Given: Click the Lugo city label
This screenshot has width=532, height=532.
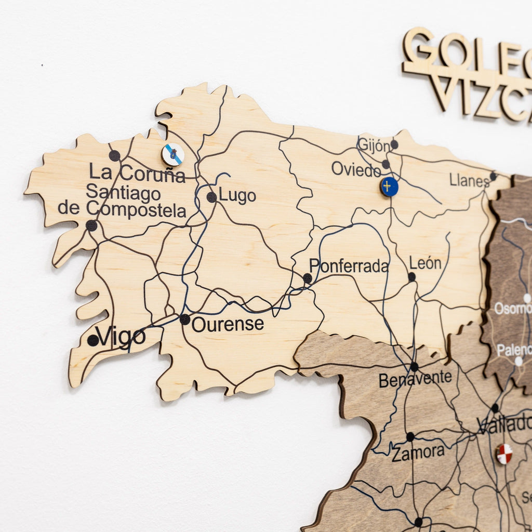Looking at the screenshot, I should coord(237,196).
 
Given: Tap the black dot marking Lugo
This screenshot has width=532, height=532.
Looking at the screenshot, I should coord(211,197).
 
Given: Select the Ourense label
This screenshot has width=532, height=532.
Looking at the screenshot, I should coord(228,325).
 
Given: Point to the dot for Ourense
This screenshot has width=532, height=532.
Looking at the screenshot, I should coord(185,319).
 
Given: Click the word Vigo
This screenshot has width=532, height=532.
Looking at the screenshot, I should coord(121,337).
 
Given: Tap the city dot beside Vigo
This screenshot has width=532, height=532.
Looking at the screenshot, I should coord(93,340).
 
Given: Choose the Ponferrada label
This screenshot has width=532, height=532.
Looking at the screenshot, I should coord(349,266).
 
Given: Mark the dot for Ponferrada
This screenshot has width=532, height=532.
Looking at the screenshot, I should coord(308,278).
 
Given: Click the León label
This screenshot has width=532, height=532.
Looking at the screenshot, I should coord(425,263).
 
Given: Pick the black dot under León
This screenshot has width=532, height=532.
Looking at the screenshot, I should coord(412,277).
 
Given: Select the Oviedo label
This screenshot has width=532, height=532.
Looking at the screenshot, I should coord(356,169).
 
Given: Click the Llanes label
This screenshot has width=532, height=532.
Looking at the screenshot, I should coord(469,180).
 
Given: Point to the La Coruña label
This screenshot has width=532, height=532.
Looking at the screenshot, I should coord(137,173).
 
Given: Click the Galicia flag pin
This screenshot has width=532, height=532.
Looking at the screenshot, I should coord(172,155).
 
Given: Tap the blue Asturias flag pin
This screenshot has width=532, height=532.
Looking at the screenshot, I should coord(389,187).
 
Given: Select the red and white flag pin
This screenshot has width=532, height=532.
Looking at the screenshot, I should coord(504,454).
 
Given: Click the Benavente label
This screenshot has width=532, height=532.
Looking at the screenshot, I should coord(415,379).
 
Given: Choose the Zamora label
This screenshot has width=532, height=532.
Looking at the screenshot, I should coord(418,453).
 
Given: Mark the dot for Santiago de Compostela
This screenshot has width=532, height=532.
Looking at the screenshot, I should coord(91,225).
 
